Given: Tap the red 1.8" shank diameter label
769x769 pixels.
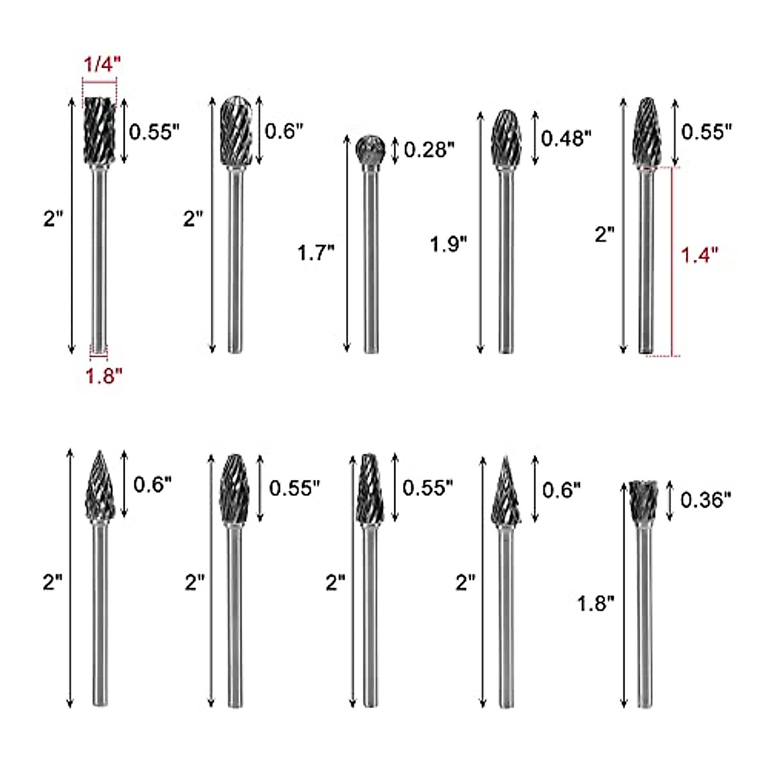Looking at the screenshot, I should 104,376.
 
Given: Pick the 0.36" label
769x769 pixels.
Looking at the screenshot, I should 706,499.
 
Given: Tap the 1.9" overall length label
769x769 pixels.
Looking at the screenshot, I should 449,244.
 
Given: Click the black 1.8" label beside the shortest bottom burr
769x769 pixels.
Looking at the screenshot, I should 596,603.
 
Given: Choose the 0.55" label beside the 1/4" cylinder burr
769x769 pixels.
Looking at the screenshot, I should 154,132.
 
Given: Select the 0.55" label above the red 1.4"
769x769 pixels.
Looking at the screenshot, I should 706,131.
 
